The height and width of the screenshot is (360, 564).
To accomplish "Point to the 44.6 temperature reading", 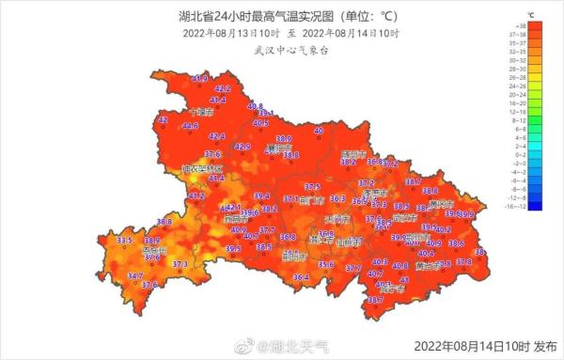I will (190, 125).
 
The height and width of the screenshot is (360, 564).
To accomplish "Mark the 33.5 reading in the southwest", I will (123, 242).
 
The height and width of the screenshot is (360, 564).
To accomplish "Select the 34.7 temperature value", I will (135, 276).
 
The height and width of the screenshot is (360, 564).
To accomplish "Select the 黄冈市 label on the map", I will (438, 203).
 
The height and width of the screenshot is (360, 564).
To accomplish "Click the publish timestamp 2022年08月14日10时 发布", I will (486, 345).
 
